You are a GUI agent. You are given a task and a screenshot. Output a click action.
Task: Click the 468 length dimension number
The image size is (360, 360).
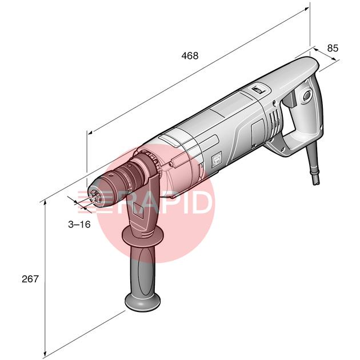190,55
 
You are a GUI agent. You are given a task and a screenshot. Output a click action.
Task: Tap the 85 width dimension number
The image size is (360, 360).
333,48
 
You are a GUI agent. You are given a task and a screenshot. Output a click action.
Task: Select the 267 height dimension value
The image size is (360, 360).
30,279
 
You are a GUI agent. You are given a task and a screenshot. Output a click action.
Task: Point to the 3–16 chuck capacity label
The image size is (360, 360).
79,225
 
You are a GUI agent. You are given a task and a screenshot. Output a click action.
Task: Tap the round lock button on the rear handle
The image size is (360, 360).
307,95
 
